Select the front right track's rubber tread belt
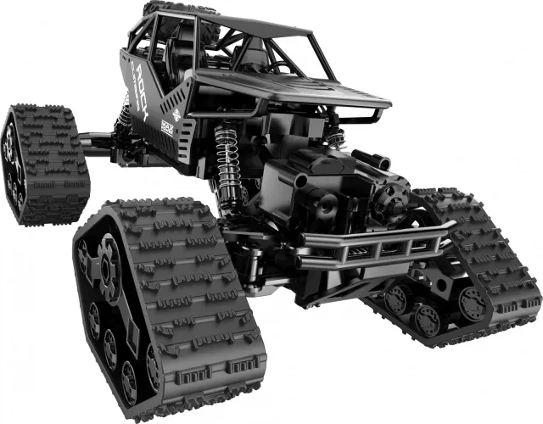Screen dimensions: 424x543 (x=492, y=254)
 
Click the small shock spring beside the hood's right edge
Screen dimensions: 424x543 (x=336, y=137)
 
